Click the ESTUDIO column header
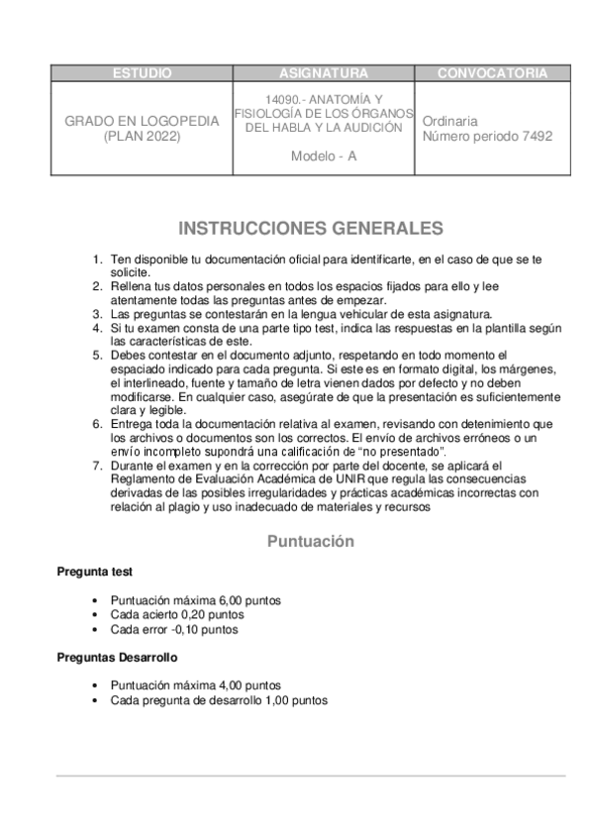click(142, 73)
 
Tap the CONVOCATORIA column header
click(492, 73)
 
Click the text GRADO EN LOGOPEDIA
click(142, 121)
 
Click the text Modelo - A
click(323, 157)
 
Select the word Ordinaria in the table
click(449, 121)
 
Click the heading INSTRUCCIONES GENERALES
click(310, 229)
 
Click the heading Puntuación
click(310, 542)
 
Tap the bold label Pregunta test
click(94, 572)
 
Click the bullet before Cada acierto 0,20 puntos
click(93, 615)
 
